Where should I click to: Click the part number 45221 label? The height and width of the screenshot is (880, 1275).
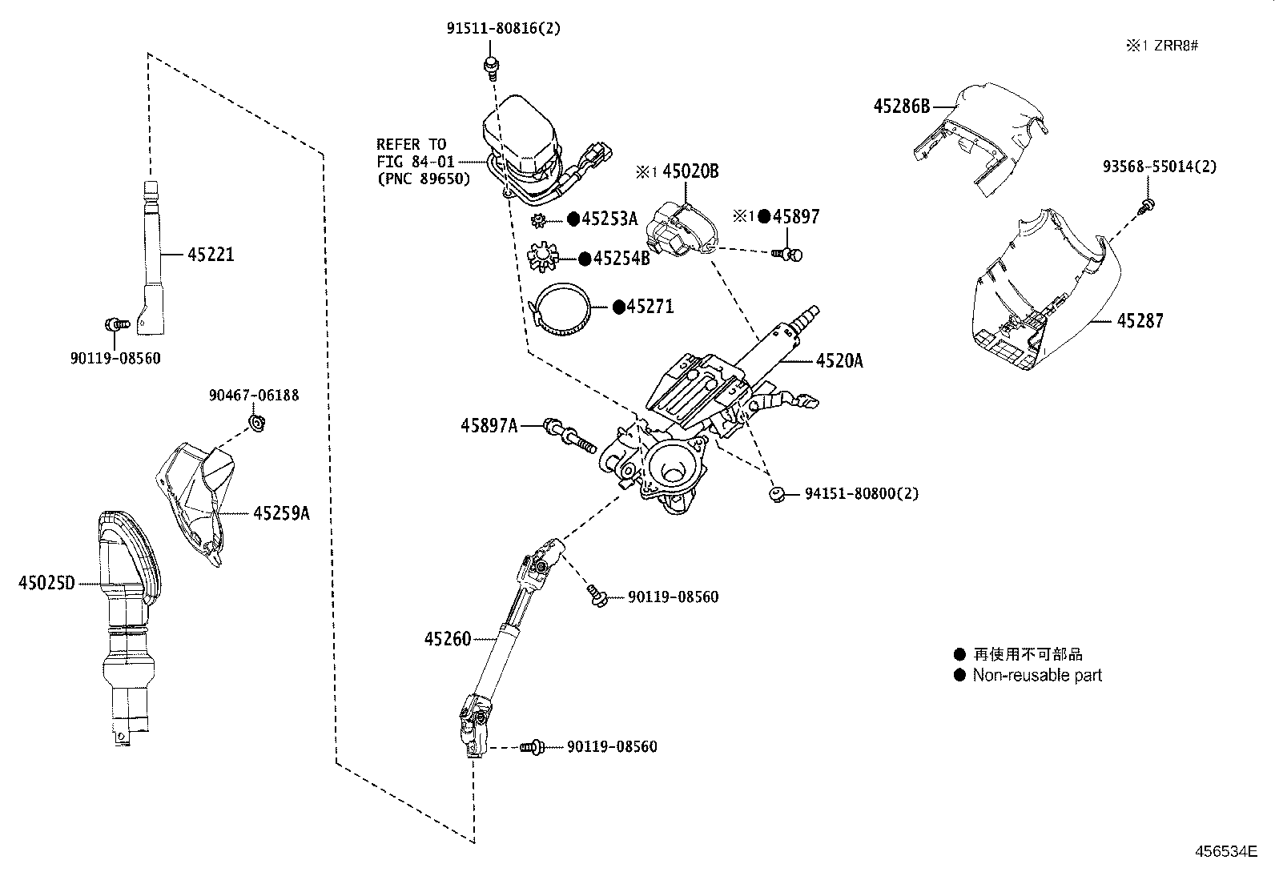point(211,255)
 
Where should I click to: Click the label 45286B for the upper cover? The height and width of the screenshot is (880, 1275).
point(901,106)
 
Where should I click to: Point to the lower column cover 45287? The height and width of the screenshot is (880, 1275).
point(1041,296)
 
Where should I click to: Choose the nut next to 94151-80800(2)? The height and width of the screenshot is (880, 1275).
point(775,493)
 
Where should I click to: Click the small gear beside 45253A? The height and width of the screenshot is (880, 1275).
point(538,219)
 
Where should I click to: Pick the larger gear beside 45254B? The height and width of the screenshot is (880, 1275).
point(544,258)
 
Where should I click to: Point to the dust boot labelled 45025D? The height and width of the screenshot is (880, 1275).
point(128,609)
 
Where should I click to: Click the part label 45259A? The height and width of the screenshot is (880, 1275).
point(280,512)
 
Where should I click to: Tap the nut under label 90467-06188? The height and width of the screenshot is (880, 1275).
point(258,422)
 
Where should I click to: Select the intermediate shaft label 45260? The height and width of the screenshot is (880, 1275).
point(448,638)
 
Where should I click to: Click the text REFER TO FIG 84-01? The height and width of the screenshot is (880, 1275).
point(411,153)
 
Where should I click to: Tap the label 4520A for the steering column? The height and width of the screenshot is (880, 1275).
point(839,360)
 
